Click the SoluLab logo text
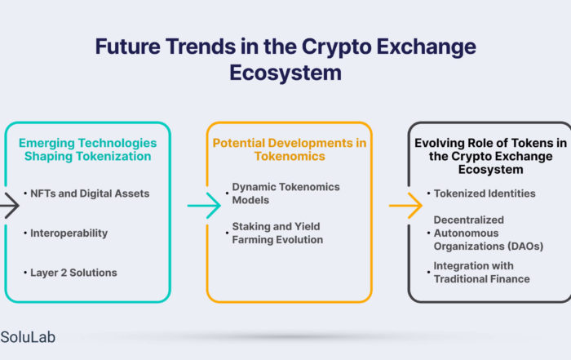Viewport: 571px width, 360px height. point(28,337)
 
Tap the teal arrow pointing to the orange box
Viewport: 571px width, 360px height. point(204,206)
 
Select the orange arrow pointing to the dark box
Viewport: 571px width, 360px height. point(405,206)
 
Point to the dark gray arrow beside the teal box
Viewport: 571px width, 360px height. point(10,206)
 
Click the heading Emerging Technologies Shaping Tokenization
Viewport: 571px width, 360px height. point(88,149)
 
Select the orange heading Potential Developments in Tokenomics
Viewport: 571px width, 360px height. point(290,149)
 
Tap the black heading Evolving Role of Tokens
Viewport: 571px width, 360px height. point(490,156)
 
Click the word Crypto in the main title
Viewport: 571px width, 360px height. point(336,47)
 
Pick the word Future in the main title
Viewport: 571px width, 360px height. point(128,47)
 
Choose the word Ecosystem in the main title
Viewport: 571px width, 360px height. point(285,73)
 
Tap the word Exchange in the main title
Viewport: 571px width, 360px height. point(426,47)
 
